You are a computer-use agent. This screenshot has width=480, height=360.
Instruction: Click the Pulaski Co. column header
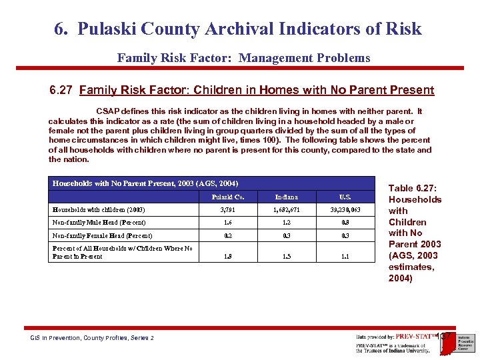(x=227, y=197)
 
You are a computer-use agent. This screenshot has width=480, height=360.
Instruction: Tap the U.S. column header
(x=345, y=197)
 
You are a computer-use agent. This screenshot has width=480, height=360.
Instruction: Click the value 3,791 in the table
(x=228, y=209)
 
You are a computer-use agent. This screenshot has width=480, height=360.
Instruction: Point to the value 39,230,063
(x=345, y=209)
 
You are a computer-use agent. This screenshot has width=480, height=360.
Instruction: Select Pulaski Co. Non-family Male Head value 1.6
(x=228, y=223)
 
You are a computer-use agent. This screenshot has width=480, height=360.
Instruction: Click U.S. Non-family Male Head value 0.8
(x=345, y=223)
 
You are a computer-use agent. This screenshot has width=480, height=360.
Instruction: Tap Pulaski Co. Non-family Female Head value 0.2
(x=228, y=235)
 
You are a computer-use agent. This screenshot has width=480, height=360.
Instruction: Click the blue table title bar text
(x=145, y=183)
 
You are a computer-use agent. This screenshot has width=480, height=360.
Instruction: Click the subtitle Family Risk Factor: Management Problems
(x=243, y=58)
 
